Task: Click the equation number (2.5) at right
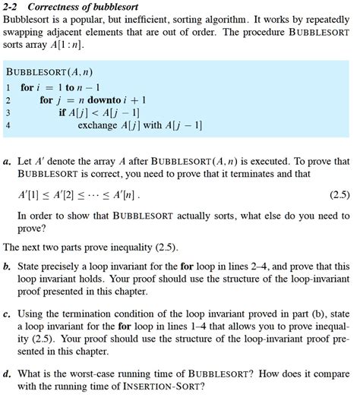coord(339,194)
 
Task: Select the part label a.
coord(7,162)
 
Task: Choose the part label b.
coord(7,267)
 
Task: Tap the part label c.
coord(7,313)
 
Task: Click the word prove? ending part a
coord(32,228)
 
